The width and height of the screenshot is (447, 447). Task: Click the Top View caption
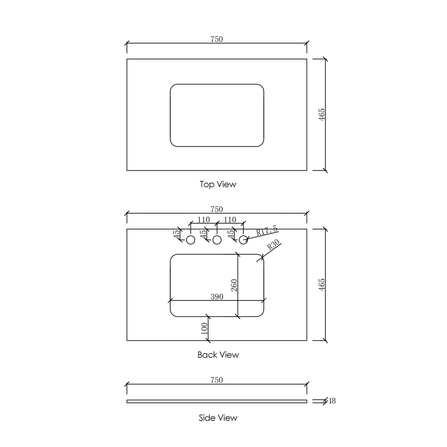(x=218, y=184)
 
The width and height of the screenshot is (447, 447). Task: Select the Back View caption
(x=218, y=355)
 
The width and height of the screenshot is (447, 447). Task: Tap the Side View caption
(x=218, y=418)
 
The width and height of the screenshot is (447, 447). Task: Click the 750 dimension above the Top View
(x=216, y=39)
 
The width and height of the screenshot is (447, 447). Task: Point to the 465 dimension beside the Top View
(x=322, y=114)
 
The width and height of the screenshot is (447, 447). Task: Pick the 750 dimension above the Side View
(x=216, y=380)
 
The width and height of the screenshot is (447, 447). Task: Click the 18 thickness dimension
(x=332, y=401)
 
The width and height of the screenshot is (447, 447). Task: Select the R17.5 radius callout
(x=267, y=231)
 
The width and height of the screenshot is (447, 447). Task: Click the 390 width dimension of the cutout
(x=217, y=297)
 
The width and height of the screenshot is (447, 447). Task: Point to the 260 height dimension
(x=234, y=285)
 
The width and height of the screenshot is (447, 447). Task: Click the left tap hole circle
(x=191, y=240)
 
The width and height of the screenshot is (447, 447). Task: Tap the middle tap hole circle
(x=217, y=240)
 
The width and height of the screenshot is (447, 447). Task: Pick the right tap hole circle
(x=243, y=240)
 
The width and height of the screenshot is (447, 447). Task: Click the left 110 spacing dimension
(x=203, y=220)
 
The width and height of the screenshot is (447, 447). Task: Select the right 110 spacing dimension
(x=230, y=220)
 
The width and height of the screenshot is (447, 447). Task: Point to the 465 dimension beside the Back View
(x=322, y=284)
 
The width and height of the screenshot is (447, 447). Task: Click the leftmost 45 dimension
(x=177, y=234)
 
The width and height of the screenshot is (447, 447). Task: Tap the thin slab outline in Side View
(x=216, y=401)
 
